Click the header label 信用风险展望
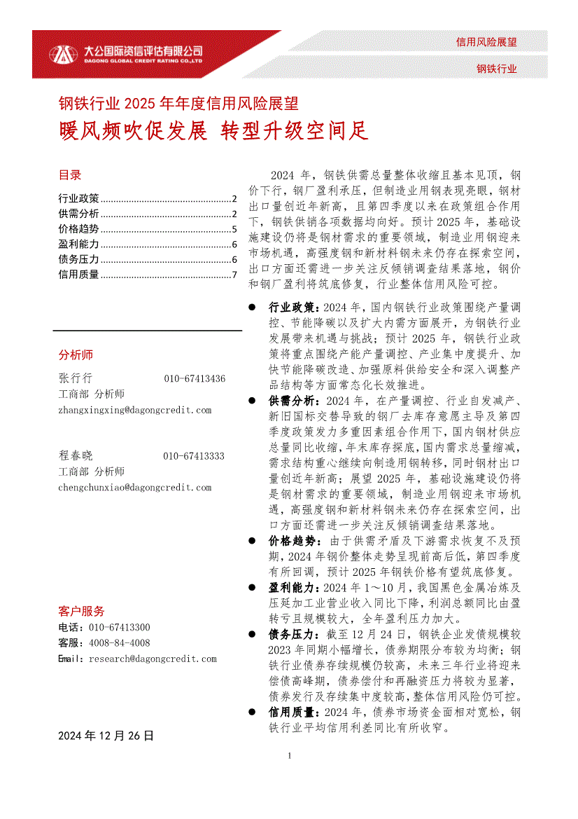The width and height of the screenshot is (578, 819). point(486,42)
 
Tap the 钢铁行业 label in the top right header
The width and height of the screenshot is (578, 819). point(497,69)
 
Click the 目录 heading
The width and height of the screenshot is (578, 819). point(70,175)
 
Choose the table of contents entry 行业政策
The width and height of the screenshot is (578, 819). point(79,198)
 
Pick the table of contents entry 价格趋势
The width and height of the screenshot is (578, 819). point(79,229)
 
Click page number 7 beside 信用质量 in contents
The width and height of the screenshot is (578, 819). point(235,275)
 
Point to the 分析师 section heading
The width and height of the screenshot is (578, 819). point(76,355)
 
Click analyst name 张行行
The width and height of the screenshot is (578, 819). point(76,378)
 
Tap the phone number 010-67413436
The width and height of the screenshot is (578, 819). point(195,378)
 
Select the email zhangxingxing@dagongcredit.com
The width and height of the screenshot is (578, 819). point(134,411)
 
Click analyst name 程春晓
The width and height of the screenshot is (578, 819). point(76,455)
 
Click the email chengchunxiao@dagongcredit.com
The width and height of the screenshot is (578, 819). point(134,488)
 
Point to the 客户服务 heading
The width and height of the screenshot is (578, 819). point(82,611)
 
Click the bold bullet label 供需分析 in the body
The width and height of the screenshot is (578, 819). point(292,401)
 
